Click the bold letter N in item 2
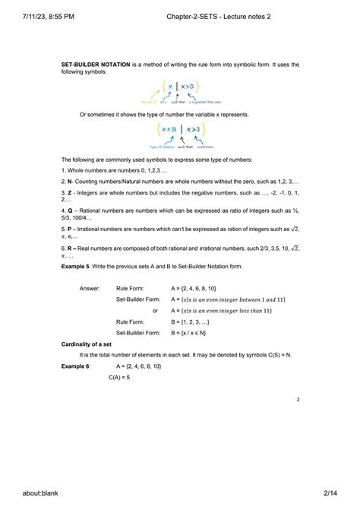(69, 182)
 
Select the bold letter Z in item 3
(69, 193)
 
